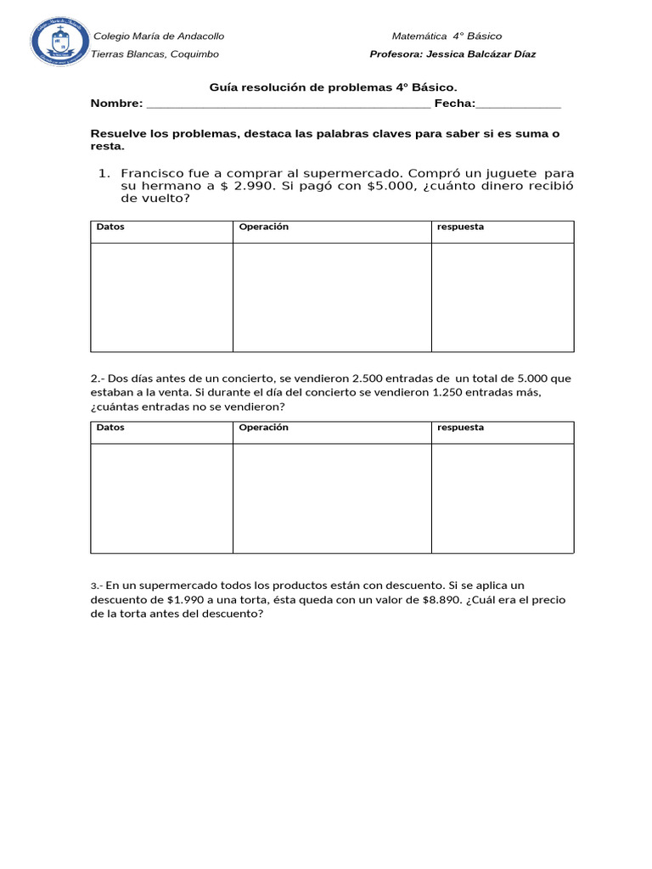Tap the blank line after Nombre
click(x=289, y=104)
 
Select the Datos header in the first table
click(x=110, y=227)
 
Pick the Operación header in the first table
click(x=264, y=227)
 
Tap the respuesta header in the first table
click(x=460, y=227)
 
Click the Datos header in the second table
click(x=110, y=428)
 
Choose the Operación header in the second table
click(x=264, y=428)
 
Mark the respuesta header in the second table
click(x=460, y=428)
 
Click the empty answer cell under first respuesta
click(x=503, y=297)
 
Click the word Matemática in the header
click(x=419, y=36)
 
